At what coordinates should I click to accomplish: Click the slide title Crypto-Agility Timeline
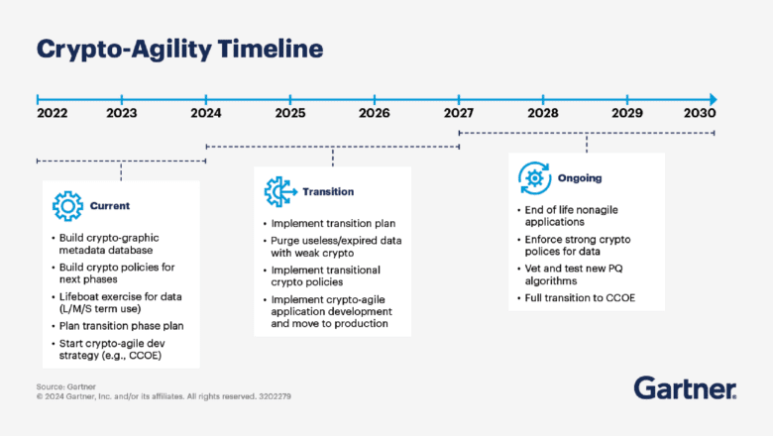click(x=179, y=49)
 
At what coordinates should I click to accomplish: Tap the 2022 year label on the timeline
click(x=53, y=113)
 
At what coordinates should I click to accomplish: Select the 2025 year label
click(x=290, y=113)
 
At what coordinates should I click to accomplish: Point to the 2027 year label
click(x=459, y=113)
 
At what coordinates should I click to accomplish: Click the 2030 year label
click(x=700, y=113)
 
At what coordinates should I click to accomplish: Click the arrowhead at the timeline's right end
click(x=712, y=99)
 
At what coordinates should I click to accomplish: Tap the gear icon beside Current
click(x=67, y=206)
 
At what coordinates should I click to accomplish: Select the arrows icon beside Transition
click(x=278, y=191)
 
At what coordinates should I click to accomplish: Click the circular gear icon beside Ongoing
click(x=534, y=178)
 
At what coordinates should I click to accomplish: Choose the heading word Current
click(x=110, y=206)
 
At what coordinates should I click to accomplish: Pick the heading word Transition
click(x=328, y=191)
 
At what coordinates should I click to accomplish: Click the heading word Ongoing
click(x=579, y=178)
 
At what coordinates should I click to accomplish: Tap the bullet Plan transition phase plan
click(x=121, y=326)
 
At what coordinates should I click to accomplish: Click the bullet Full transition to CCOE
click(x=580, y=296)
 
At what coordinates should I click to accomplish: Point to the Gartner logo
click(x=684, y=387)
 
